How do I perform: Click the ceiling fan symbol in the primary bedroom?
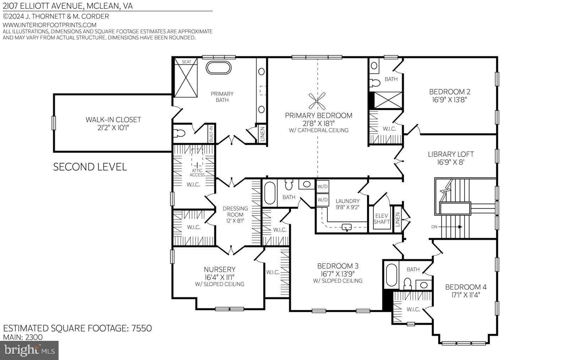[317, 101]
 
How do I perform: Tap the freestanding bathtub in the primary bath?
[218, 68]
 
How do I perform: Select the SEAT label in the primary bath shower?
[186, 62]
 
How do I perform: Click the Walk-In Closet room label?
[113, 120]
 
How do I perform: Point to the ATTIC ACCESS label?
[197, 173]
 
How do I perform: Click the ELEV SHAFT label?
[382, 219]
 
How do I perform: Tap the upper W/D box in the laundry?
[323, 186]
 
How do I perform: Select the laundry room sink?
[346, 227]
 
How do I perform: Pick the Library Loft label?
[450, 154]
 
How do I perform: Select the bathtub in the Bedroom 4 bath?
[391, 275]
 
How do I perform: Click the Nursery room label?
[219, 269]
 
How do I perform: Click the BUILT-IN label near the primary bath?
[211, 134]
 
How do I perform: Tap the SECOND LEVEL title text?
[90, 167]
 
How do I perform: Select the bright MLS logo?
[29, 350]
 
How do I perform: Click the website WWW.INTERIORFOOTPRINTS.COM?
[50, 25]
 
